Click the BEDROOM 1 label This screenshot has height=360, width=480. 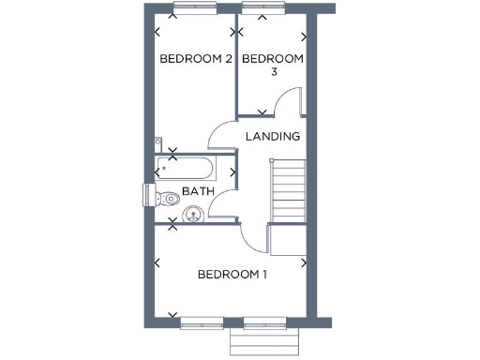pyautogui.click(x=232, y=275)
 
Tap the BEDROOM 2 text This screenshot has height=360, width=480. pyautogui.click(x=195, y=59)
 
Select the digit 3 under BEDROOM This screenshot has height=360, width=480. pyautogui.click(x=273, y=73)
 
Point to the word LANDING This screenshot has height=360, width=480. pyautogui.click(x=272, y=137)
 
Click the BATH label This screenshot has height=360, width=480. pyautogui.click(x=198, y=191)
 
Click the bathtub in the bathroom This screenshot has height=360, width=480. pyautogui.click(x=186, y=169)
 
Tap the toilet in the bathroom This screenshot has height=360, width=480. pyautogui.click(x=167, y=198)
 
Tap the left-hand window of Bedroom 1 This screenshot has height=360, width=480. pyautogui.click(x=202, y=324)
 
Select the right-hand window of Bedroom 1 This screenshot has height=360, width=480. pyautogui.click(x=264, y=324)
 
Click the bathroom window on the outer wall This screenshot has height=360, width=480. pyautogui.click(x=148, y=194)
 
